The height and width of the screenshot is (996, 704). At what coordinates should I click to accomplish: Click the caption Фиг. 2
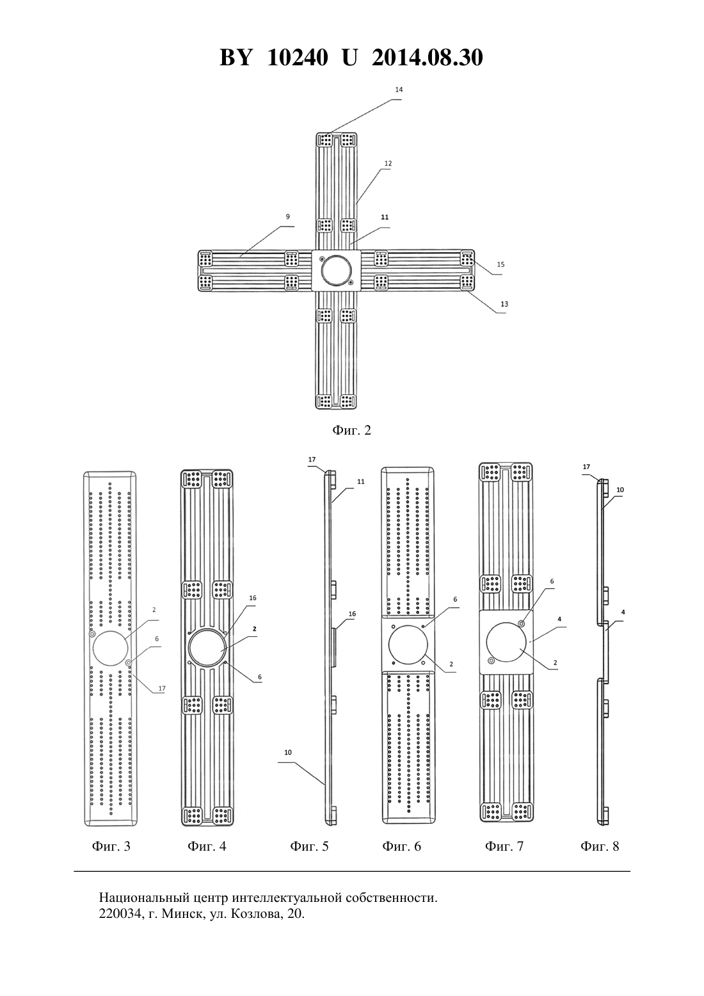(351, 430)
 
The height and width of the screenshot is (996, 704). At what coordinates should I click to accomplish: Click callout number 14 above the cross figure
(399, 90)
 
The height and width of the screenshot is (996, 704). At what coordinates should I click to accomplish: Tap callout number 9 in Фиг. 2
(287, 216)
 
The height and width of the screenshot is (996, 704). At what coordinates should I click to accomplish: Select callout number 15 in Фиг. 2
(500, 264)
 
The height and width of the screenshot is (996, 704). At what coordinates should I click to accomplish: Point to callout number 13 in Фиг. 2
(504, 304)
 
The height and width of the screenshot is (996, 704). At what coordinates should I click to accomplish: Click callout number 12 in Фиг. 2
(388, 164)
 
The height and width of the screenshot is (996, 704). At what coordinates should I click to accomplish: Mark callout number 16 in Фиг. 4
(252, 598)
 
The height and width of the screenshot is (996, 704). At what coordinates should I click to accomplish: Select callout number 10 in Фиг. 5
(288, 752)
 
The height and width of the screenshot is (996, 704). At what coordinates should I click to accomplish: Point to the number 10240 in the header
(298, 58)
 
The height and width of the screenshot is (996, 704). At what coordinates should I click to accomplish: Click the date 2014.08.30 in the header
(427, 58)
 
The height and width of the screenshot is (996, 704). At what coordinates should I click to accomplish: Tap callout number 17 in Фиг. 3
(162, 688)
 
